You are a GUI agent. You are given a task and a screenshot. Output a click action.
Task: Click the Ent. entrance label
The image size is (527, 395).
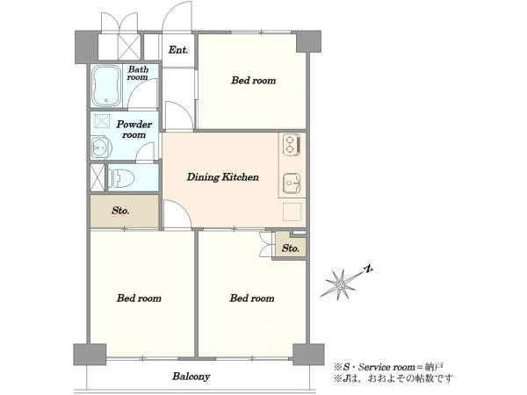pos(178,50)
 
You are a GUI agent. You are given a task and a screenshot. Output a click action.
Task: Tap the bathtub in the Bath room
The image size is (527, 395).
pos(106,85)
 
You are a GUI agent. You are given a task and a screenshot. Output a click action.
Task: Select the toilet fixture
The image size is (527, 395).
pos(121,178)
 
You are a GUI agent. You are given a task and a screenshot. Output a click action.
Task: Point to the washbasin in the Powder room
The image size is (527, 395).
pos(101,147)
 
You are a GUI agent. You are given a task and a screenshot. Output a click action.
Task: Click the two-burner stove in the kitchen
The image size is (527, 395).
pos(292,145)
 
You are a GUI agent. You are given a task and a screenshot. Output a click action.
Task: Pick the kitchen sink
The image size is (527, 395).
pos(292,183)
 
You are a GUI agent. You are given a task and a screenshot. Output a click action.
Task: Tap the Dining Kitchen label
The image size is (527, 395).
pos(222,177)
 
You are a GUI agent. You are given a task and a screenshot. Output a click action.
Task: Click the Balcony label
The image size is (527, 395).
pos(191,377)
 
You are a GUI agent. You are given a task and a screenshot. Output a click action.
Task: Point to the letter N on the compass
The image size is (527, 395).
pos(369,269)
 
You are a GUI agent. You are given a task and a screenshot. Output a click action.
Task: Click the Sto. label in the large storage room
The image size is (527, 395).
pos(120,211)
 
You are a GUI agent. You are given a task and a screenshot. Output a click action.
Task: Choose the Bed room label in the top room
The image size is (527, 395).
pos(254,80)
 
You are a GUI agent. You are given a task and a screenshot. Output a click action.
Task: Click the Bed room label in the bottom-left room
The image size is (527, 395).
pos(139,298)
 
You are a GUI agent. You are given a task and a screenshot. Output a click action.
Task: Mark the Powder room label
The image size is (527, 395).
pos(134,129)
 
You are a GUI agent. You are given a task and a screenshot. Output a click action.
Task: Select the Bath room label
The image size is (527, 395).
pos(138,73)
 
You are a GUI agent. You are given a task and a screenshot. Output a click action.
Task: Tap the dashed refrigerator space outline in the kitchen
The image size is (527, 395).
pos(292,212)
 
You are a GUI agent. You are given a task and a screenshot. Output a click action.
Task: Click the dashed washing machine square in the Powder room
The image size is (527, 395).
pos(102,121)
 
